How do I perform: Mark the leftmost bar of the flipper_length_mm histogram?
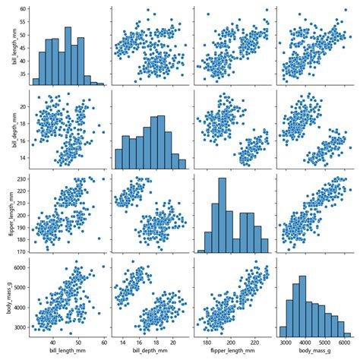coord(201,251)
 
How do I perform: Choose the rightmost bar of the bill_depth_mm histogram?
coord(182,163)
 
